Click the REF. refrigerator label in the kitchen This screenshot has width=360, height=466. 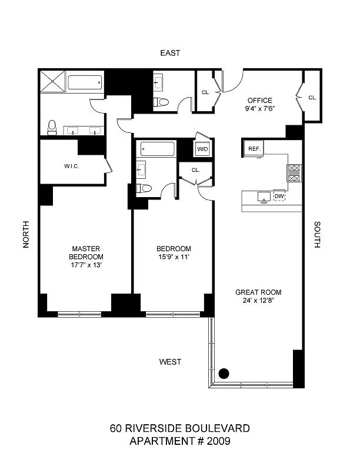click(254, 149)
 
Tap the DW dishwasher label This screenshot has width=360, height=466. click(279, 197)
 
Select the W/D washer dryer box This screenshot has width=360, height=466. click(202, 149)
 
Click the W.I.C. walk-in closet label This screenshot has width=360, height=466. click(72, 167)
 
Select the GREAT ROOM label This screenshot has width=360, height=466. click(258, 292)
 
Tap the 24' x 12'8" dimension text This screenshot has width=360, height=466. click(258, 301)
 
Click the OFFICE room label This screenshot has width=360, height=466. click(259, 100)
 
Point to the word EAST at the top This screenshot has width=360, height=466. click(170, 53)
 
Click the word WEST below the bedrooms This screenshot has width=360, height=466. click(170, 362)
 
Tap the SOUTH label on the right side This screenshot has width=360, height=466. click(317, 235)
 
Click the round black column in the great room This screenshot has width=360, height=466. click(224, 372)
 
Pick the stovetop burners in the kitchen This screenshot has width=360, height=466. click(294, 172)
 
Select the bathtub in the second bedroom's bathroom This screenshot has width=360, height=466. click(156, 149)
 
